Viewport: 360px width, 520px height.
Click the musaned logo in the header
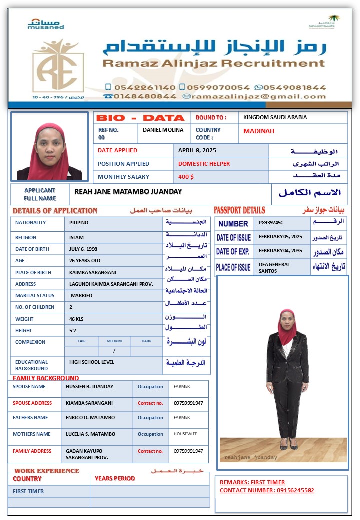click(x=46, y=24)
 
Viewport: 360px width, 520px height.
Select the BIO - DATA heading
click(x=140, y=118)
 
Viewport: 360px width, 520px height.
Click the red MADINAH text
click(x=258, y=131)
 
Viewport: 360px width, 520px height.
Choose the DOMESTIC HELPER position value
click(x=204, y=164)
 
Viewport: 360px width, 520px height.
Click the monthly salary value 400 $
click(x=186, y=177)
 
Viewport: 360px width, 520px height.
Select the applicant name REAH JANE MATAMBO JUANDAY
click(x=128, y=191)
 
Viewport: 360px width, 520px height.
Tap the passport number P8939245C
click(x=271, y=223)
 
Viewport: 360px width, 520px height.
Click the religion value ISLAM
click(x=76, y=237)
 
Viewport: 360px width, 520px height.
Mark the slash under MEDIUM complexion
click(x=114, y=351)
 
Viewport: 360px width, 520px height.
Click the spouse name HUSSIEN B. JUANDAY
click(x=89, y=386)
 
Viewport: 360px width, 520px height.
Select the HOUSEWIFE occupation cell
click(x=185, y=434)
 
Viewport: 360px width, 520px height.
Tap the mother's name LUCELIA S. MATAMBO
click(x=90, y=434)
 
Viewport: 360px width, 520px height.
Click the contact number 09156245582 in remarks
click(x=295, y=490)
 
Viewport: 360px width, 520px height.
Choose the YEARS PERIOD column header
click(x=115, y=478)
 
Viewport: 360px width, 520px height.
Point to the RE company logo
click(x=58, y=67)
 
